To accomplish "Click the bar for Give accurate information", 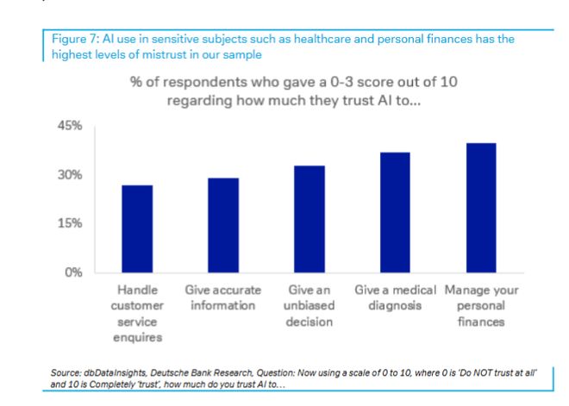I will click(x=222, y=225).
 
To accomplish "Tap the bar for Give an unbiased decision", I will click(x=309, y=219).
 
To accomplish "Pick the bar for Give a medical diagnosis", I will click(x=395, y=212).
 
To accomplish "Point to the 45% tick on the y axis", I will click(x=70, y=126).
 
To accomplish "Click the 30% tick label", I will click(x=70, y=175).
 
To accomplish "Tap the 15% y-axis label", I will click(x=70, y=223).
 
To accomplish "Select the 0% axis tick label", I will click(x=73, y=272).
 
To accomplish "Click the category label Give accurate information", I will click(x=222, y=297).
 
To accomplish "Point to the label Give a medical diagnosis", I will click(x=395, y=297).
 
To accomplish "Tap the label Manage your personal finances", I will click(x=481, y=305).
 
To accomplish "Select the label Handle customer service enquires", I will click(x=136, y=313).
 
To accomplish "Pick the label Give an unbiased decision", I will click(x=309, y=305).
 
